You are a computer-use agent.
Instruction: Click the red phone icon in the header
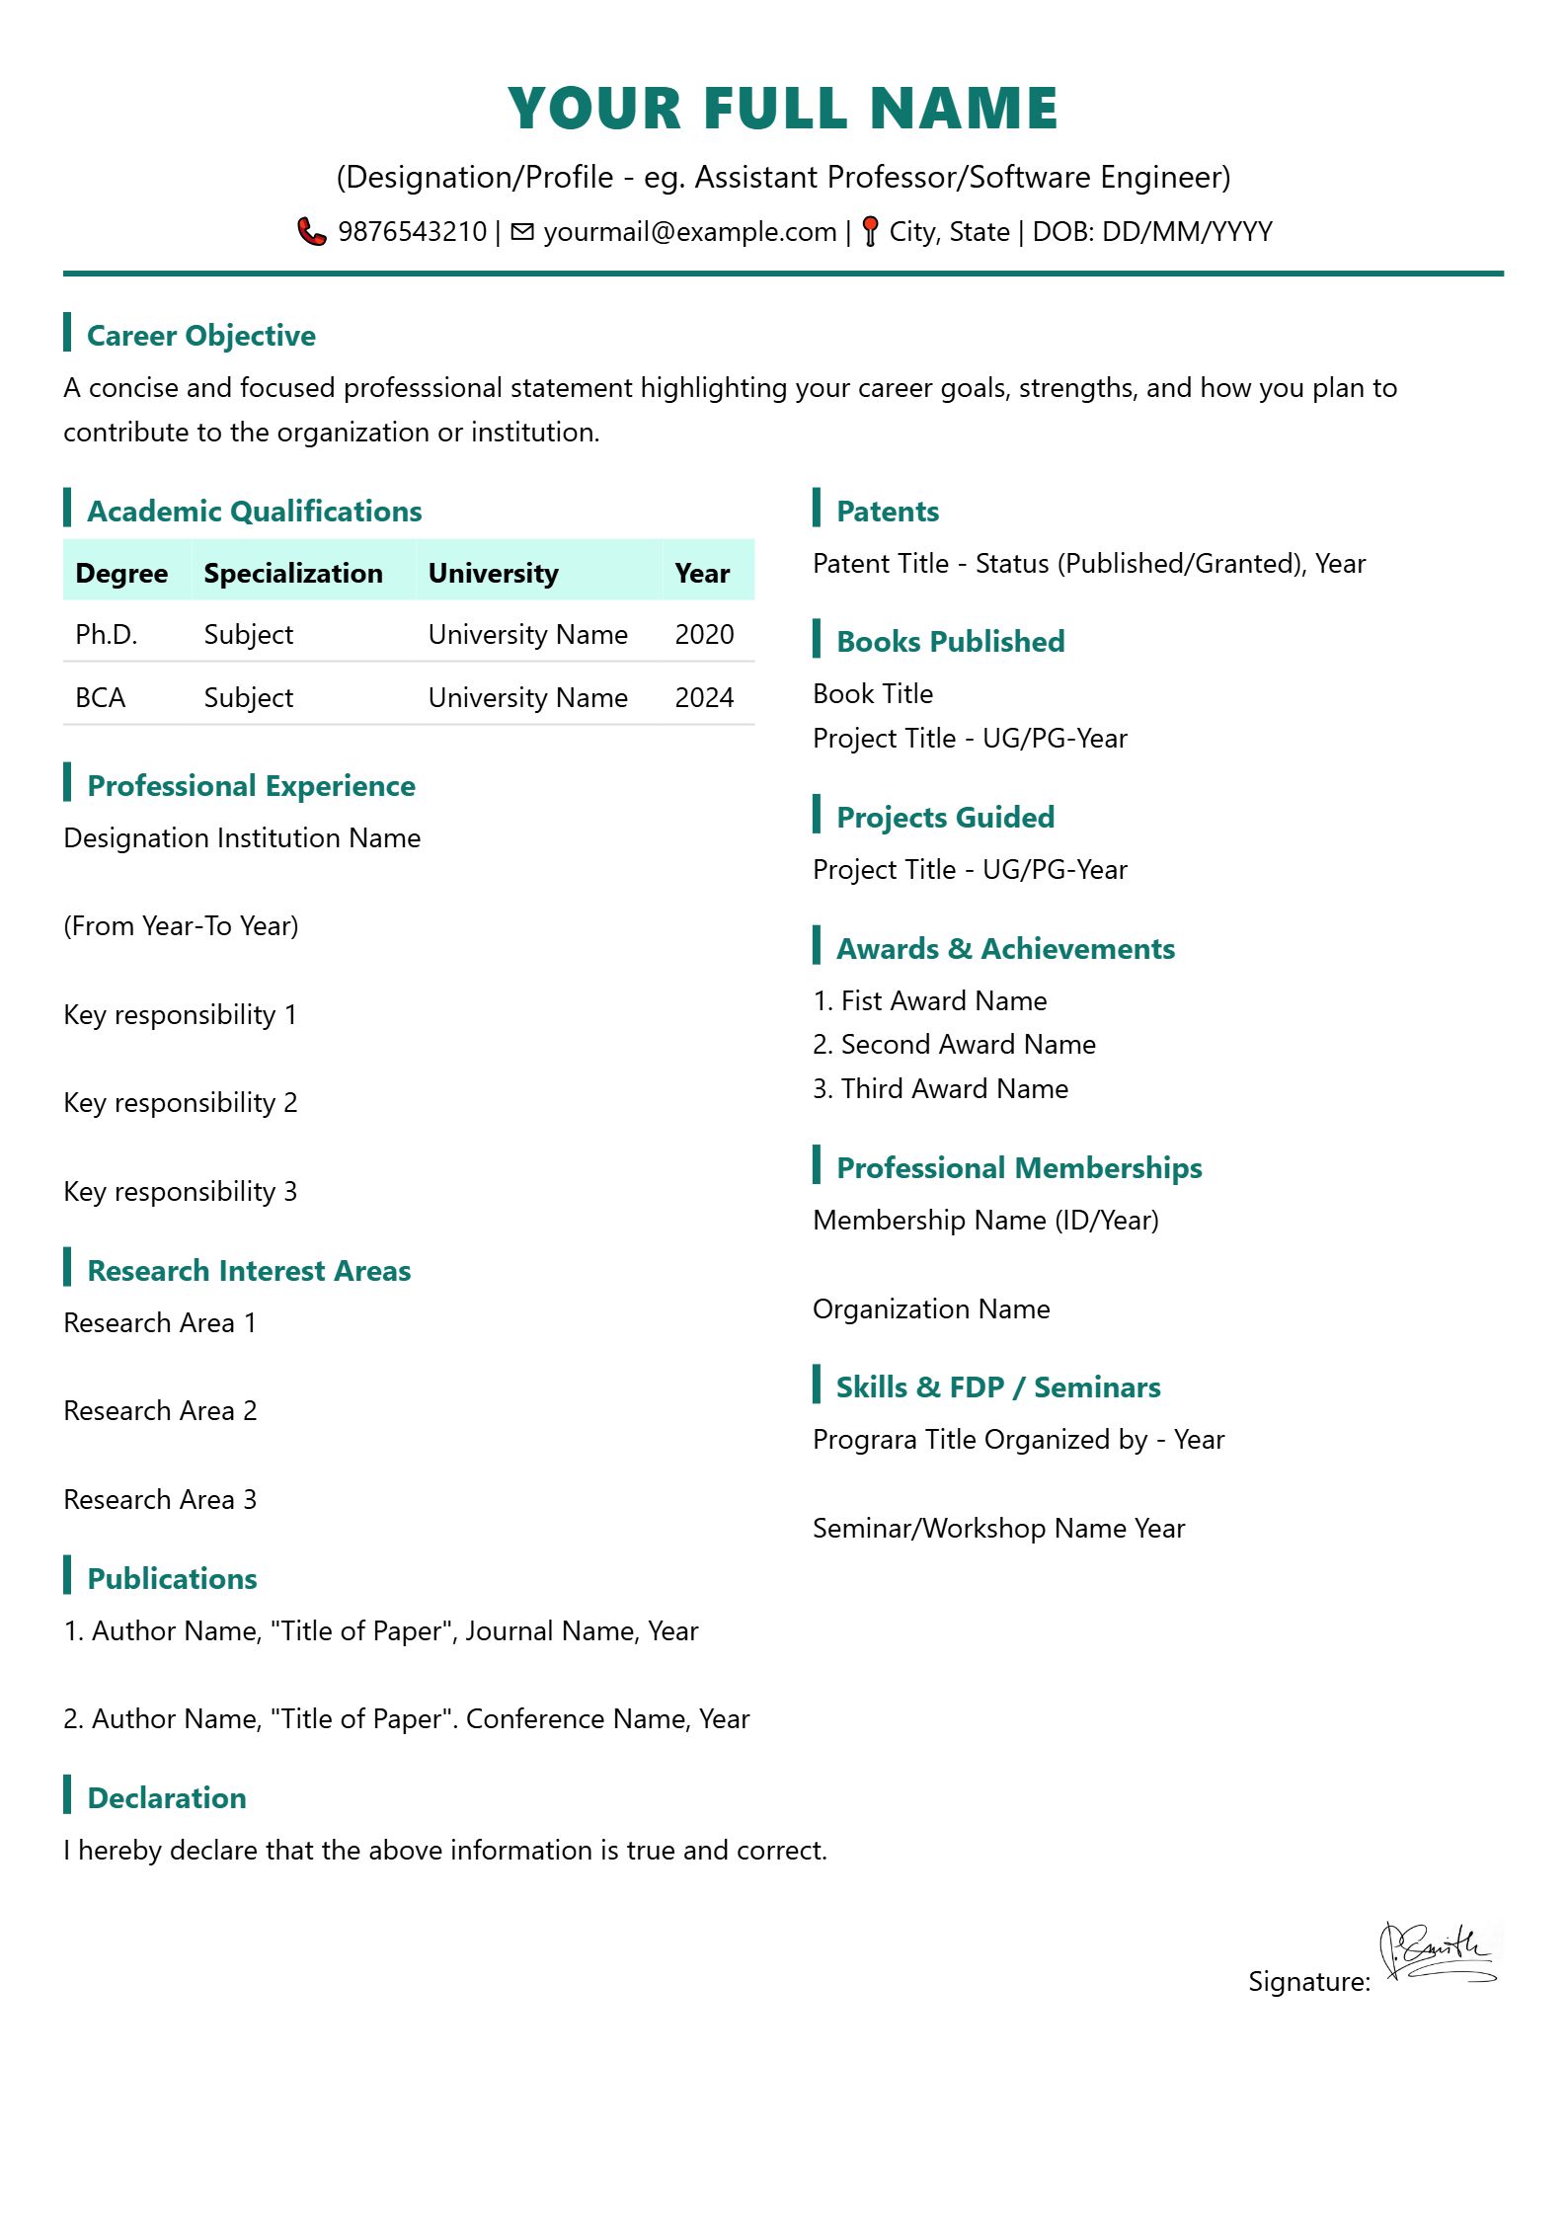click(x=312, y=231)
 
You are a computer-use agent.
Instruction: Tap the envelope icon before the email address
click(x=522, y=231)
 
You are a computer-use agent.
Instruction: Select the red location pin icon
click(x=870, y=231)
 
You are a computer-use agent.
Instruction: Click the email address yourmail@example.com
click(x=689, y=232)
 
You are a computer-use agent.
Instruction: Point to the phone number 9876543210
click(x=412, y=232)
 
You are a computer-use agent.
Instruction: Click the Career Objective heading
click(x=201, y=336)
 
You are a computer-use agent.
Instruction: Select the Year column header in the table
click(x=702, y=573)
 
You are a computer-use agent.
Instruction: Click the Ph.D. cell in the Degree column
click(x=107, y=634)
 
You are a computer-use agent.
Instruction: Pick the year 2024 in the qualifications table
click(x=704, y=697)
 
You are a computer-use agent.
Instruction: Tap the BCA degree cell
click(x=101, y=697)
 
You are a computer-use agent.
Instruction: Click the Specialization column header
click(x=293, y=573)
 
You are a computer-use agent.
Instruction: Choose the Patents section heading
click(x=888, y=512)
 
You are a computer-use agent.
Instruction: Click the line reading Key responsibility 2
click(x=181, y=1102)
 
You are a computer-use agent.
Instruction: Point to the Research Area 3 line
click(x=160, y=1499)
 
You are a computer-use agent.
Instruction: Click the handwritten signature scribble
click(x=1438, y=1954)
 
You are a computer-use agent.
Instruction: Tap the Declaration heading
click(x=167, y=1797)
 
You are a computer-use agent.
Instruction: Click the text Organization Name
click(x=931, y=1308)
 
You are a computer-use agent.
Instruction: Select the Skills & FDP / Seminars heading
click(x=998, y=1386)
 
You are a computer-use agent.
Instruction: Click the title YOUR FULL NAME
click(x=783, y=108)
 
